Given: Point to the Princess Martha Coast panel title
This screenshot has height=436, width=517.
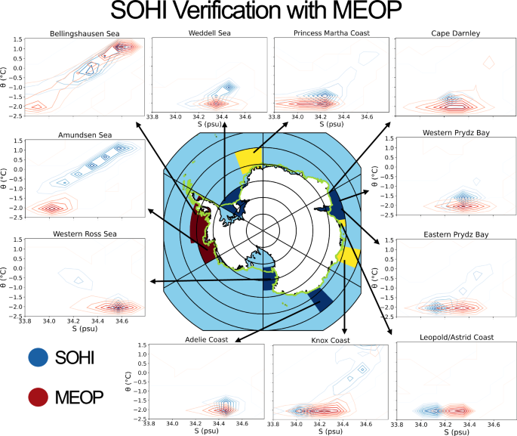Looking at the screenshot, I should pyautogui.click(x=332, y=33).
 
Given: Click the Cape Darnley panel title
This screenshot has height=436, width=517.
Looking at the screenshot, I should pyautogui.click(x=457, y=33).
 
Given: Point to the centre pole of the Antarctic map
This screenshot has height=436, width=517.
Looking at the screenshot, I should pyautogui.click(x=263, y=224).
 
